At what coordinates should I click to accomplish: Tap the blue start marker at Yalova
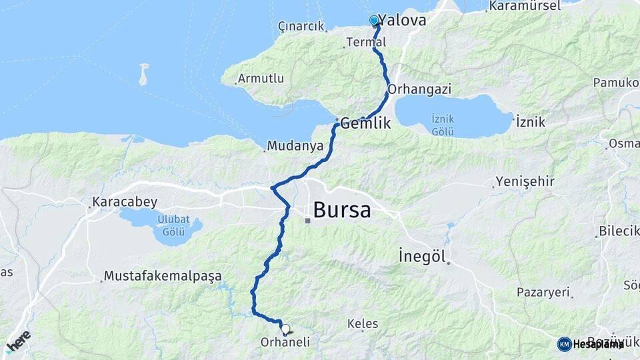tap(374, 21)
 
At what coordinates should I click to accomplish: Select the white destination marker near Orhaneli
tap(285, 329)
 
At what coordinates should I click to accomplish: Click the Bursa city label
tap(341, 210)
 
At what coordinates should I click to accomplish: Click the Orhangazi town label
tap(419, 89)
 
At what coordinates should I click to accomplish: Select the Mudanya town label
tap(295, 145)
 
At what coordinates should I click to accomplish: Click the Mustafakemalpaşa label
tap(163, 276)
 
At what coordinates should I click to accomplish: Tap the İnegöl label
tap(421, 255)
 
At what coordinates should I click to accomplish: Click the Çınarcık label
tap(301, 27)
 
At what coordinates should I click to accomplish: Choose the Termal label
tap(366, 43)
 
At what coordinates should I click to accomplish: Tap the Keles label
tap(363, 324)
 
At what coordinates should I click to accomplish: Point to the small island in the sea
tap(143, 74)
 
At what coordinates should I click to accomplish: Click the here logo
tap(18, 341)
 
